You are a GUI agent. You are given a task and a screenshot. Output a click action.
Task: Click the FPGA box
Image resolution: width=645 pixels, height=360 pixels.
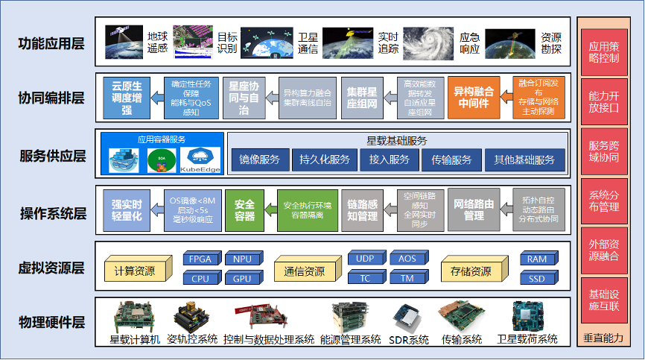point(200,259)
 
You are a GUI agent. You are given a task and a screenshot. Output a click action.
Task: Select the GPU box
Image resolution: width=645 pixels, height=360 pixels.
point(242,279)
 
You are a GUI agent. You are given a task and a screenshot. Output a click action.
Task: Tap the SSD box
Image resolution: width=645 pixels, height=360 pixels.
point(536,279)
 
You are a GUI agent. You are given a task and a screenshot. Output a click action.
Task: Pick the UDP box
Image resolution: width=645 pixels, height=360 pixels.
point(365,259)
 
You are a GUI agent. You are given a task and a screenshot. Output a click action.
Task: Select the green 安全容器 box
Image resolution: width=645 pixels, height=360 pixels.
point(245,210)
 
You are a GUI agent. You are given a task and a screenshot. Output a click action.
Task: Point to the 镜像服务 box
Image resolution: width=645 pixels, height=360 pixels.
point(260,160)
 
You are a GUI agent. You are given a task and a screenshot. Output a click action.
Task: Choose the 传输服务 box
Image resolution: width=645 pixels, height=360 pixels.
point(446,160)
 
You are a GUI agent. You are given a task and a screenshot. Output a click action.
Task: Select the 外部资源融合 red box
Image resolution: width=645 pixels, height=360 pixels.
point(604,250)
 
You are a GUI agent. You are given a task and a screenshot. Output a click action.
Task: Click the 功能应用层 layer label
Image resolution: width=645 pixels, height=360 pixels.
point(51,43)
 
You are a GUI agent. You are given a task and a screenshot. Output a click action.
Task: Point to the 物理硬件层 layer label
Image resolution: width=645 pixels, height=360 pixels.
point(51,323)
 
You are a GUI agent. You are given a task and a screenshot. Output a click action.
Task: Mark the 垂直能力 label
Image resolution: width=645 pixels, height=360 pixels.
point(604,338)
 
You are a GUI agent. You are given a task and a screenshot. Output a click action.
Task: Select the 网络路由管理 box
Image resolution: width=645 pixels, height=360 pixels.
point(474,210)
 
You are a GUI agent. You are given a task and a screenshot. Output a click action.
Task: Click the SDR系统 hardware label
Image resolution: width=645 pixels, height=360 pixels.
point(409,339)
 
